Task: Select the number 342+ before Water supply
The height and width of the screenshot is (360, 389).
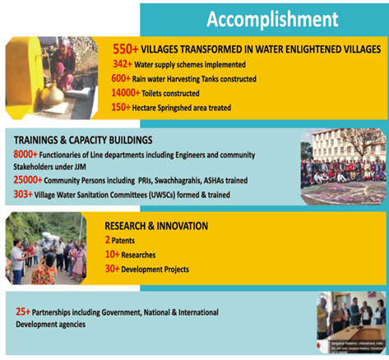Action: pos(125,64)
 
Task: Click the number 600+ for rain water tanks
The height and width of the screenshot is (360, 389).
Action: pos(125,79)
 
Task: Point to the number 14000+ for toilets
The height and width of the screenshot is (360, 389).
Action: pos(128,94)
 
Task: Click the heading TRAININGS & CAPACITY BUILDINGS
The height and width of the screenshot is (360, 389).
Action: pos(84,141)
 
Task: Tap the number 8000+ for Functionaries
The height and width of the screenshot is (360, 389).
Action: pos(31,155)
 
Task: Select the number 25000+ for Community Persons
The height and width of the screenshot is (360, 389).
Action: pos(34,181)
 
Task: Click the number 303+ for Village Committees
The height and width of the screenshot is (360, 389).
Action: pos(27,194)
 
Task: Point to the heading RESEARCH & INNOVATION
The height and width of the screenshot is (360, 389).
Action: pos(156,226)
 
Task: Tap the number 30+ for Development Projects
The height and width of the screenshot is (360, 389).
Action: pos(113,270)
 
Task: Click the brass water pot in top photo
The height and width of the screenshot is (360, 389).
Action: pos(51,94)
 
